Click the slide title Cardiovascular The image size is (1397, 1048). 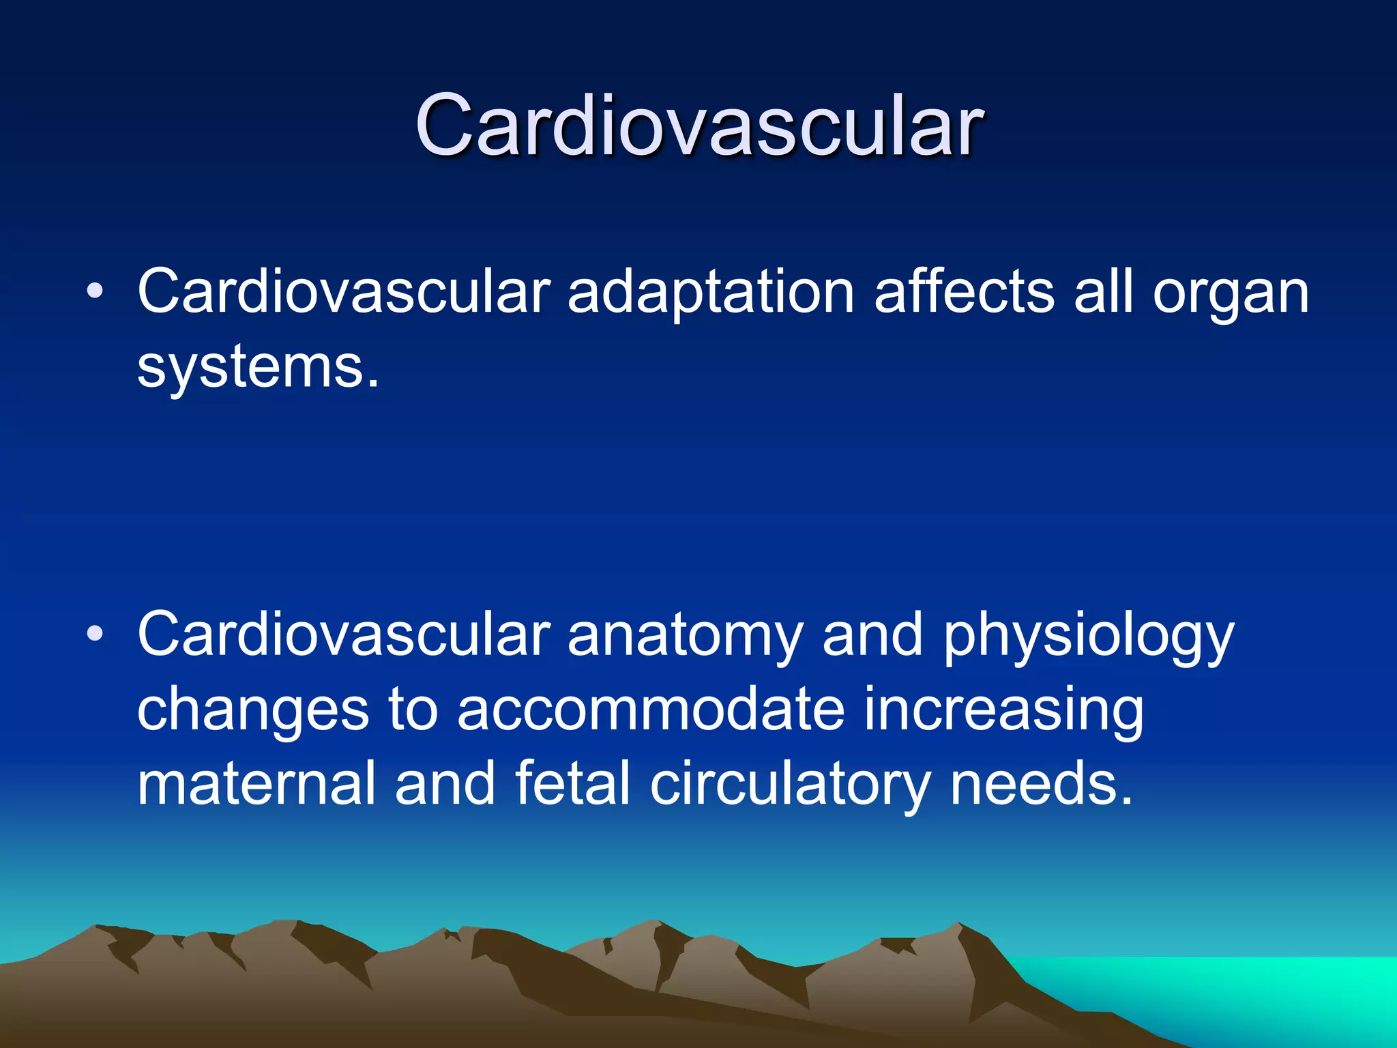click(x=698, y=126)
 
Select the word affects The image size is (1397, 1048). click(x=964, y=292)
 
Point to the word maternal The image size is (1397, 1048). click(x=256, y=785)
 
